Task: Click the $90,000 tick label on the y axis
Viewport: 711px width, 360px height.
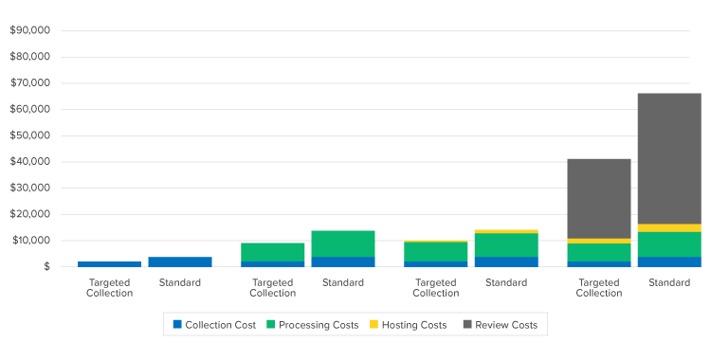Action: point(29,30)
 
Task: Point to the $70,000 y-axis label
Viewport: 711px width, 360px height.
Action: point(29,83)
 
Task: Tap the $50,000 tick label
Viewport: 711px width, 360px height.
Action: point(29,135)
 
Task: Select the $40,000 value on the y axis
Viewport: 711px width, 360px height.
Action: point(29,162)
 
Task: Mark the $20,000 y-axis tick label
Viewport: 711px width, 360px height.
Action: point(29,214)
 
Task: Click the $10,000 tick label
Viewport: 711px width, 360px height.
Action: point(29,241)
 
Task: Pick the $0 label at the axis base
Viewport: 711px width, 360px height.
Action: point(45,267)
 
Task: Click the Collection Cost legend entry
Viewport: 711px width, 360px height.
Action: point(214,325)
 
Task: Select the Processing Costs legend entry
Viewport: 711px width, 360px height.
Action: point(312,325)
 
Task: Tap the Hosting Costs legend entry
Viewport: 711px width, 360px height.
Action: point(407,325)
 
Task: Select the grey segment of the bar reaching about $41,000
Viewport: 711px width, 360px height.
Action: point(599,198)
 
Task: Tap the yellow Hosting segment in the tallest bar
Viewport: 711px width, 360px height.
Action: point(669,227)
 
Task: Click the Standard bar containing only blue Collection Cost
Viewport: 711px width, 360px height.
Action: point(180,261)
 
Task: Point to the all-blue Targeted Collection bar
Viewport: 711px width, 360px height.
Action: point(110,263)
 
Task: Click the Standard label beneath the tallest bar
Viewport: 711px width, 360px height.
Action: point(669,282)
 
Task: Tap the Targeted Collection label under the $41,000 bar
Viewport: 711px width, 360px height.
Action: point(599,287)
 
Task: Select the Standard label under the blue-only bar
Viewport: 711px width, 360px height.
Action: point(180,282)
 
